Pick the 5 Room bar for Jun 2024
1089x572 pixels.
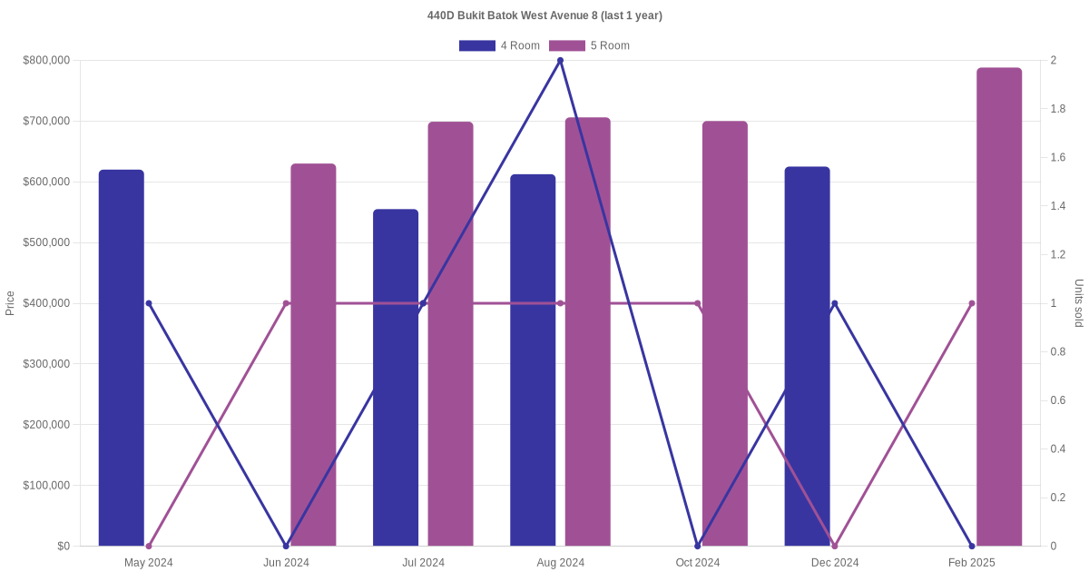tap(313, 355)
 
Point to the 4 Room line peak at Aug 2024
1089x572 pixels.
tap(560, 61)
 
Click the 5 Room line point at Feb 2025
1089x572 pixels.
tap(972, 303)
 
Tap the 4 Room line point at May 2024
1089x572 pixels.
tap(149, 303)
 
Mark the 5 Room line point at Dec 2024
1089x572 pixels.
tap(835, 546)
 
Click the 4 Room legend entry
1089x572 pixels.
tap(500, 45)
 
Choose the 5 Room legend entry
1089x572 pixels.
tap(590, 45)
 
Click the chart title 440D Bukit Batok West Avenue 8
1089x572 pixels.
tap(544, 15)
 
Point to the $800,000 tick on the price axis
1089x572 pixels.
tap(46, 61)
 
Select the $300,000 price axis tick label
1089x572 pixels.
tap(46, 364)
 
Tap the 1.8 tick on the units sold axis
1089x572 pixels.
tap(1058, 109)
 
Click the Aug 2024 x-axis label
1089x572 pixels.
tap(560, 562)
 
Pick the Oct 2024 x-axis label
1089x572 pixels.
tap(698, 562)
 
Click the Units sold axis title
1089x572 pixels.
tap(1079, 303)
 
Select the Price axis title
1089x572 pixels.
tap(10, 303)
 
